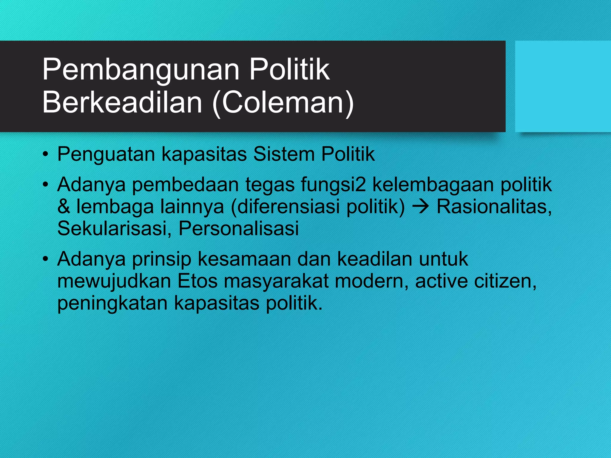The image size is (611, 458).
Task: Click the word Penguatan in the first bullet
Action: click(x=106, y=154)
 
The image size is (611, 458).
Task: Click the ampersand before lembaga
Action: click(x=64, y=206)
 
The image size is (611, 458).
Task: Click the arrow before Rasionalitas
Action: click(x=421, y=206)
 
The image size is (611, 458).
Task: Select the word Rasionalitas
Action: click(x=494, y=206)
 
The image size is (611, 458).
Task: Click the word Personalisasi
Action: click(x=239, y=228)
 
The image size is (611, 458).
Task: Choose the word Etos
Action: click(x=198, y=281)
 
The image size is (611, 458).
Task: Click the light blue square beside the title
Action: click(x=563, y=86)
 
